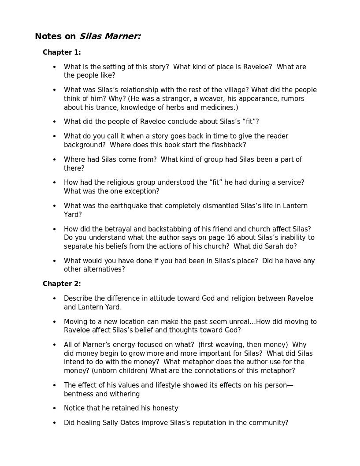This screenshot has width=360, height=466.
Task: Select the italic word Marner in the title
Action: tap(122, 37)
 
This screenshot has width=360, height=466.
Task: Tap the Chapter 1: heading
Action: tap(62, 52)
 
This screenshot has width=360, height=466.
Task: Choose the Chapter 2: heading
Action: tap(62, 284)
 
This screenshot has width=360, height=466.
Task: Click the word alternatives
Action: tap(103, 269)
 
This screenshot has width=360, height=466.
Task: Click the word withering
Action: tap(124, 394)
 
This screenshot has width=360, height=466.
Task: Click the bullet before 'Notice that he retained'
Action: tap(55, 408)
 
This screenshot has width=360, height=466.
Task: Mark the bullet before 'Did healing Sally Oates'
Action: tap(55, 423)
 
